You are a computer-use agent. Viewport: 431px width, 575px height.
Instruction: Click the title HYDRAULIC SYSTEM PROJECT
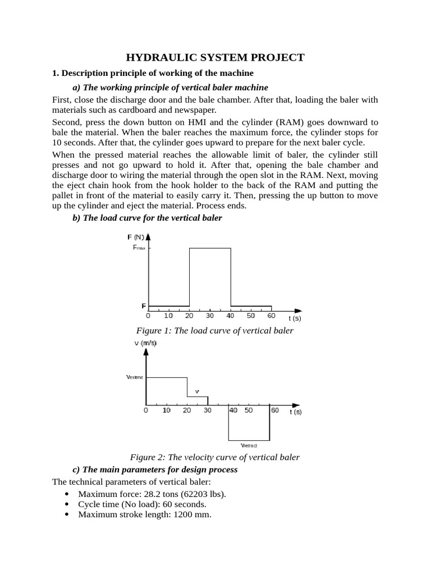coord(215,57)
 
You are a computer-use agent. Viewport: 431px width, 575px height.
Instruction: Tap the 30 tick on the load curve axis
coord(210,316)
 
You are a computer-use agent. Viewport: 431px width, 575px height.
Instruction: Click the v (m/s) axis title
coord(145,343)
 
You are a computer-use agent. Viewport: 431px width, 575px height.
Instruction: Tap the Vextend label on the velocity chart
coord(135,377)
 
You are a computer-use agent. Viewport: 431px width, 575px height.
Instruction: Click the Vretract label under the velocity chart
coord(249,445)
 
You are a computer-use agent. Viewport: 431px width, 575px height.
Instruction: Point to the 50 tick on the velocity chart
coord(249,410)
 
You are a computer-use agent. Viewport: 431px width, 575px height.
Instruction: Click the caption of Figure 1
coord(215,331)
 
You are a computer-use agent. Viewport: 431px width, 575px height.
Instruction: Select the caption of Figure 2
coord(215,457)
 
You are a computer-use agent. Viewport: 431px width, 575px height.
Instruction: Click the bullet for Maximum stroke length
coord(67,514)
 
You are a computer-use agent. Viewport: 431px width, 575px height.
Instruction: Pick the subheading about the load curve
coord(147,218)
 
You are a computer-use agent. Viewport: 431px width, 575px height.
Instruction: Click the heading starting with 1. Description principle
coord(153,73)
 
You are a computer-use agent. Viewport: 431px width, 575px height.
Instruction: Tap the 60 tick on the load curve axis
coord(271,316)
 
